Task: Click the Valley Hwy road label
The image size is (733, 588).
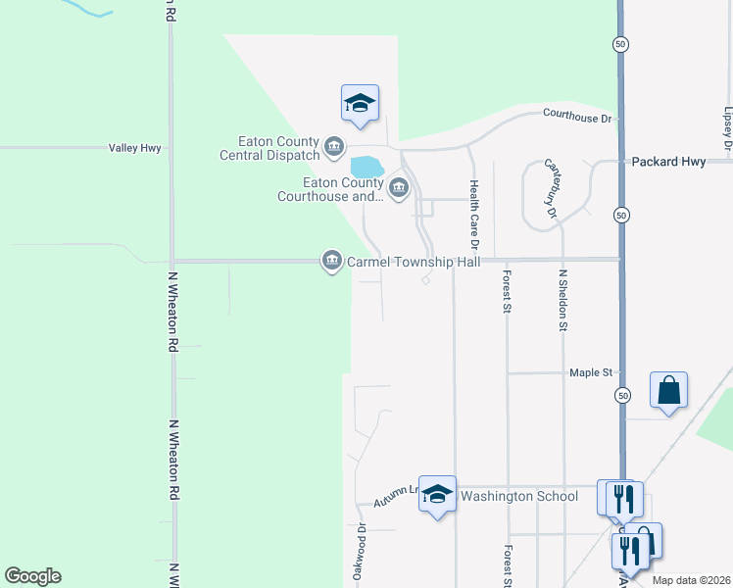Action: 135,148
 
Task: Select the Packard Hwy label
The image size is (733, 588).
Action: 668,161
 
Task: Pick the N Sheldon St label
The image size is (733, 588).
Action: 563,301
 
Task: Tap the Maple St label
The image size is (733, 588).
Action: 591,373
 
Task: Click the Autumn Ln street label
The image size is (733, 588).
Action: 396,496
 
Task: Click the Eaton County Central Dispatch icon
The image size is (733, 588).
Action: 334,147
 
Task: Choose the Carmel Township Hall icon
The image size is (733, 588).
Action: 331,260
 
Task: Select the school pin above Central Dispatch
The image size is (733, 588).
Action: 360,103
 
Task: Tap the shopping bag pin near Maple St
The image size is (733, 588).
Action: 668,391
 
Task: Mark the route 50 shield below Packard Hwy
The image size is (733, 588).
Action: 621,214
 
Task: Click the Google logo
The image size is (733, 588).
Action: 32,576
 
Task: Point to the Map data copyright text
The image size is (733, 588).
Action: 692,581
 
